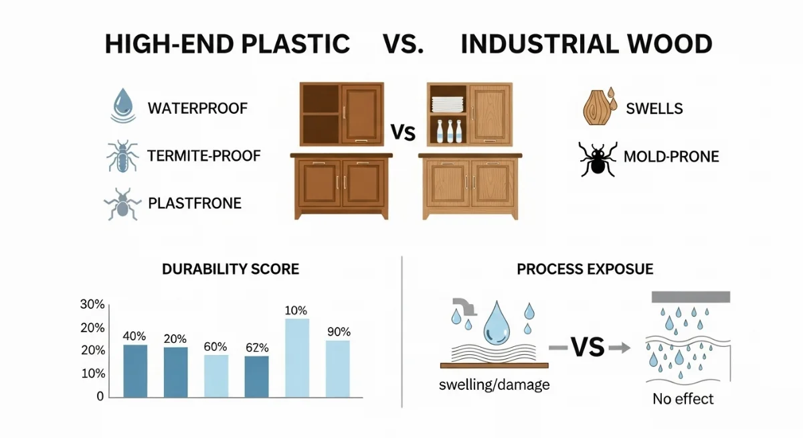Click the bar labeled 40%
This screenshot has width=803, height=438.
[135, 371]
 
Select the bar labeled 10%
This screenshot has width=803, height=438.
[297, 358]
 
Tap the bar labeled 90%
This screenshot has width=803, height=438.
[338, 369]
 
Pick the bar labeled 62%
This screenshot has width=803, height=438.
[257, 376]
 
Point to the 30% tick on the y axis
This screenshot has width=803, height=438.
[92, 305]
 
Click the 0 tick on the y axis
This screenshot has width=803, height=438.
[100, 396]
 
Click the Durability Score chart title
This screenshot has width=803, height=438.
[230, 269]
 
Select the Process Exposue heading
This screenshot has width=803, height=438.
[585, 269]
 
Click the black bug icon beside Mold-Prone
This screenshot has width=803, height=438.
[598, 159]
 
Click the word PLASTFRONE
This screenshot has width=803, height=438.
[195, 204]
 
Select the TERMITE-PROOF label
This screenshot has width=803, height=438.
[204, 156]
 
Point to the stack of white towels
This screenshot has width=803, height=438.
[448, 104]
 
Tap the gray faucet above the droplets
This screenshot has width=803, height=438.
[465, 307]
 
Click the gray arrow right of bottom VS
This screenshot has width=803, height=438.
[620, 347]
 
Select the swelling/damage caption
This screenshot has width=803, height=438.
[495, 385]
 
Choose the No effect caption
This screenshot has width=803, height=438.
[683, 399]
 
